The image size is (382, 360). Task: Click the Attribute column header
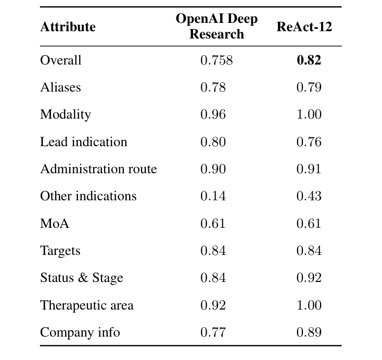pos(68,27)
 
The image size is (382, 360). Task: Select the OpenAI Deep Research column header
pos(217,27)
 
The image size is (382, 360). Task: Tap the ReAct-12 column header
pos(304,27)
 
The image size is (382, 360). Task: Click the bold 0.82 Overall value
pos(309,60)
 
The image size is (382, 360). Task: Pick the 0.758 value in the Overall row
pos(217,60)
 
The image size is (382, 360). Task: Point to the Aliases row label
pos(60,87)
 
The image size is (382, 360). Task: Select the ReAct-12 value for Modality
pos(309,114)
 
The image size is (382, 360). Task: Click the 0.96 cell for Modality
pos(213,114)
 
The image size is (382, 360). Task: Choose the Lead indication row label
pos(83,142)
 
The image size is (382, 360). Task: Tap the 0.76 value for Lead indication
pos(309,142)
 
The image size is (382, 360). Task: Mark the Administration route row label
pos(98,169)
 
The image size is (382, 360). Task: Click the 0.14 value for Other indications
pos(213,196)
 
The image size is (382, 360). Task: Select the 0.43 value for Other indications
pos(309,196)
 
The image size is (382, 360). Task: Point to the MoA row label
pos(55,224)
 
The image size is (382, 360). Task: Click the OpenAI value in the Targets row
pos(213,251)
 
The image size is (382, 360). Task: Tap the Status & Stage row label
pos(81,278)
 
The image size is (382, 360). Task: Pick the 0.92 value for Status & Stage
pos(309,278)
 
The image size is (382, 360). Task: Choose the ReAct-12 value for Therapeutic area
pos(309,305)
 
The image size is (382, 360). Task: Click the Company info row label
pos(80,332)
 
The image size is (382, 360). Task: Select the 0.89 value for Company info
pos(309,332)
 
